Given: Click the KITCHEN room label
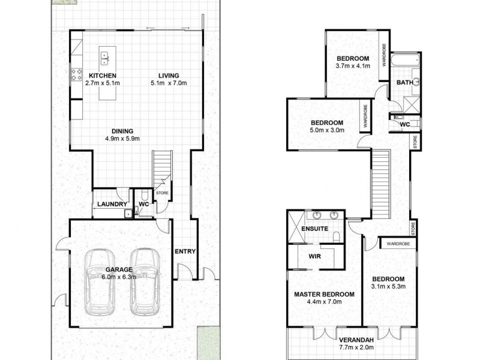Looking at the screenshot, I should point(103,76).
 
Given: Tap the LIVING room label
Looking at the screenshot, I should point(170,76).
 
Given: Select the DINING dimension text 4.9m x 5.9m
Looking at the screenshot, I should point(122,139).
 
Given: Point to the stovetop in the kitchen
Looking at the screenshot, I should point(77,75).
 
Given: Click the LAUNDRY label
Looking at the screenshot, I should point(110,204).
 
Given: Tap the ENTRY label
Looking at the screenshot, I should point(185,251).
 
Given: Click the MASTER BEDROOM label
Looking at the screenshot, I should point(323,294).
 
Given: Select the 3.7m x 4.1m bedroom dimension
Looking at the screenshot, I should point(353,66).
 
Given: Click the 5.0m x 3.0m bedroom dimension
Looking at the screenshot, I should point(327,130).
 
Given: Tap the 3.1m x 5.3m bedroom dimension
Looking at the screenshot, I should point(388,287).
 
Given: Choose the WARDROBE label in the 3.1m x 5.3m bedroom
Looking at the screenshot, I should point(398,244).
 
